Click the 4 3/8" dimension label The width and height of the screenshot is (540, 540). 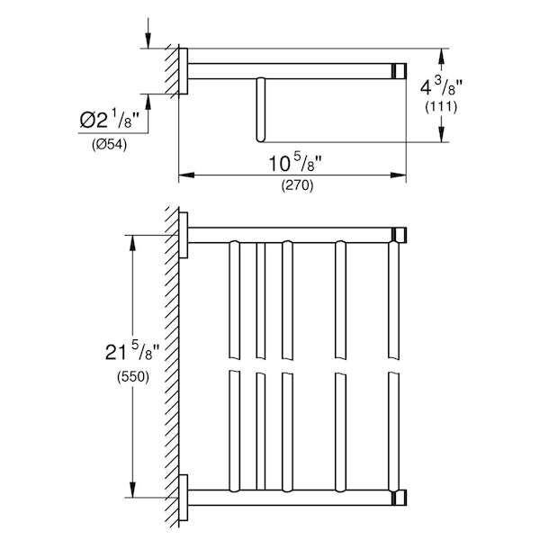pos(441,87)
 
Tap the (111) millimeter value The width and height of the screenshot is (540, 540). pos(441,107)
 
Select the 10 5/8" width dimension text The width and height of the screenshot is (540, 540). pos(295,163)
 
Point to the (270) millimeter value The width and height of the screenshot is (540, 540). pos(298,185)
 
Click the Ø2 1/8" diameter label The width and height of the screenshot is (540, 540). pos(109,121)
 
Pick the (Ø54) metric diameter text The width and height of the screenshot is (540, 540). pos(109,145)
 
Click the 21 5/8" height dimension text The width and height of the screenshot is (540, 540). pos(132,352)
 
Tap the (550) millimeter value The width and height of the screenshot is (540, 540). pos(133,376)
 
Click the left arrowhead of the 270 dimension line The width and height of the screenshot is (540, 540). pos(186,175)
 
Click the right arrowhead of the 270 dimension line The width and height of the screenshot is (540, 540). pos(399,175)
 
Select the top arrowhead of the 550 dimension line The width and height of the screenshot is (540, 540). pos(132,243)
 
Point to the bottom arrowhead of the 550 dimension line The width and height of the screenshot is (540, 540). pos(132,490)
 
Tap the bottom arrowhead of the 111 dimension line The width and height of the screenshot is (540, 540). pos(442,134)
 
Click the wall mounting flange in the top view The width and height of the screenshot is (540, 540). pos(184,71)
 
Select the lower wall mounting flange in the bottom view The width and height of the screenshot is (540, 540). pos(184,498)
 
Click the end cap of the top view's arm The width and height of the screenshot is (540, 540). pos(400,71)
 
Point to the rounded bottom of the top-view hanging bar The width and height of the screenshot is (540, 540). pos(261,139)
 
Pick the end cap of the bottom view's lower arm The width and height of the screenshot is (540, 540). pos(400,498)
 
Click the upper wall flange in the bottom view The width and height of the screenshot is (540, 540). pos(184,235)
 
